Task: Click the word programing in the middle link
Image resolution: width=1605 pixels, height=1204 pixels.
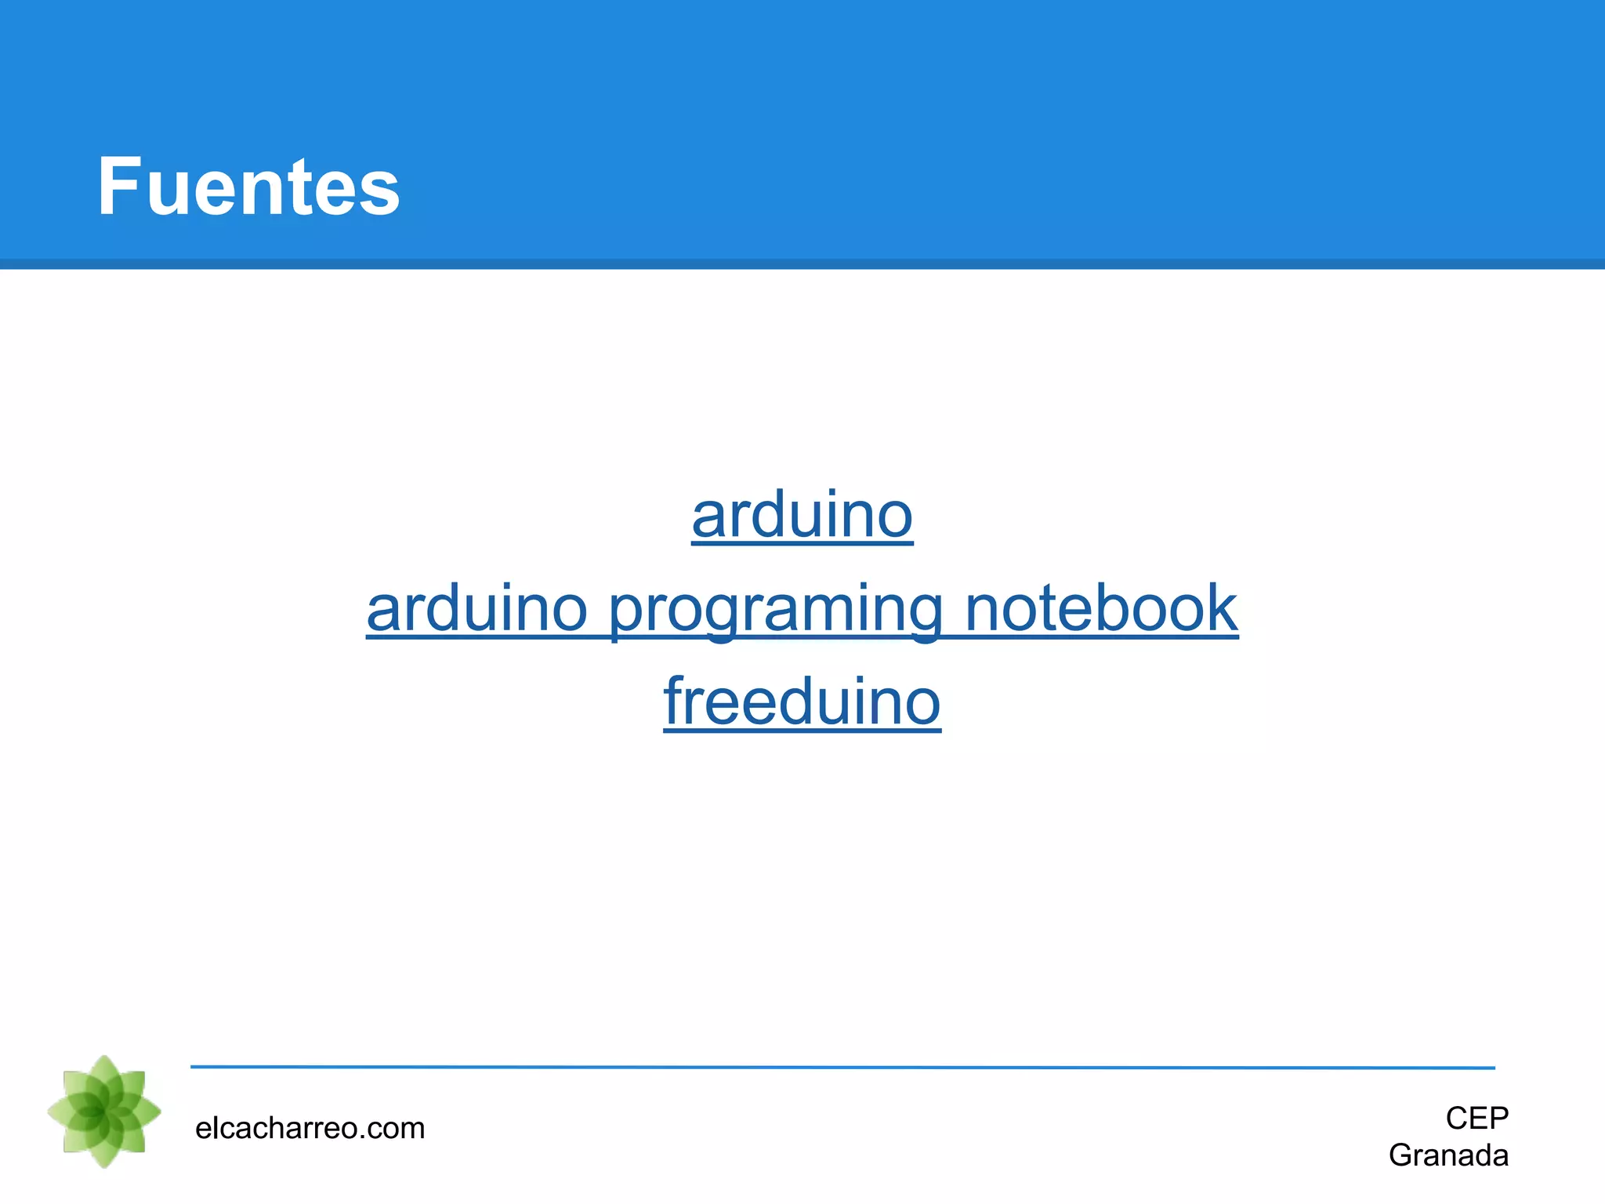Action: click(x=775, y=610)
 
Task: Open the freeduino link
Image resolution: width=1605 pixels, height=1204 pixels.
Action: click(x=802, y=702)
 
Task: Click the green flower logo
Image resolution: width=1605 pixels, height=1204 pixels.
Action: click(x=104, y=1112)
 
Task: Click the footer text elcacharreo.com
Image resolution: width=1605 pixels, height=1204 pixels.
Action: click(x=310, y=1128)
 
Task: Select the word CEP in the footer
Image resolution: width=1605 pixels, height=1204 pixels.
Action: click(x=1476, y=1118)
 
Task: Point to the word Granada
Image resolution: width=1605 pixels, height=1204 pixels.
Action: click(x=1448, y=1155)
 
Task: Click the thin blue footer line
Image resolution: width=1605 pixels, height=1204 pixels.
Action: click(x=842, y=1067)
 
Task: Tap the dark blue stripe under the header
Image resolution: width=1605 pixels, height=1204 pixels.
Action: click(x=802, y=264)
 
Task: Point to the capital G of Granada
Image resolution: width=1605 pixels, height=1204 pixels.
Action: click(x=1402, y=1155)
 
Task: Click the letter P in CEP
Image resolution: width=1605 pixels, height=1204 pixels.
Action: click(x=1498, y=1118)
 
